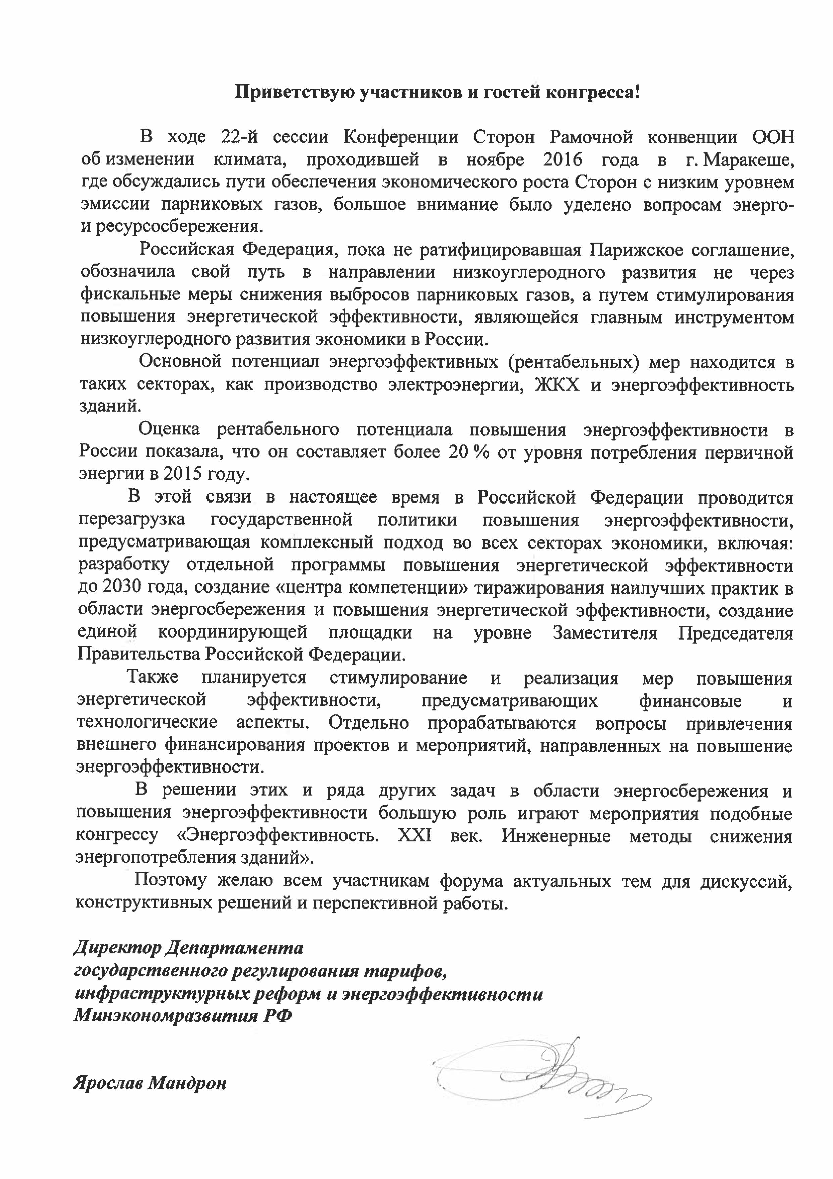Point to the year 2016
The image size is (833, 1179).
562,160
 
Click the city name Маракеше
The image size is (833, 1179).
748,160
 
